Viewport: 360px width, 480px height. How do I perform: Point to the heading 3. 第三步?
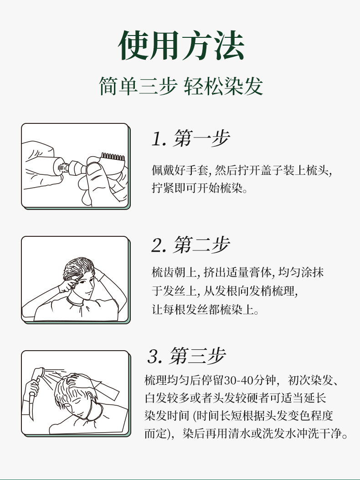click(x=187, y=357)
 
